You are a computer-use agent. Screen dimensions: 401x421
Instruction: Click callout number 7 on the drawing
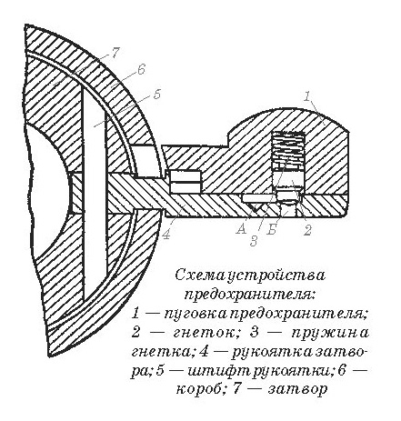(115, 54)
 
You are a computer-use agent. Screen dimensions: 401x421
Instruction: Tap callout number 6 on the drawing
(141, 69)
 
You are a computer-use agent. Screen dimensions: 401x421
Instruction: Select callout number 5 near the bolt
(156, 94)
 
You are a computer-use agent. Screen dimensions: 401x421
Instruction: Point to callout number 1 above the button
(307, 96)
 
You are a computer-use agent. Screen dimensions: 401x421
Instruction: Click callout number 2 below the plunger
(307, 230)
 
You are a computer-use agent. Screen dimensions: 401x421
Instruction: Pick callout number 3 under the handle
(254, 241)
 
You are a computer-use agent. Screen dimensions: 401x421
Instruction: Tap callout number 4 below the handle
(165, 234)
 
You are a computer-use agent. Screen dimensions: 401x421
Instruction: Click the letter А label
(242, 229)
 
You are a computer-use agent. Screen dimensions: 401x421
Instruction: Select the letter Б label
(272, 230)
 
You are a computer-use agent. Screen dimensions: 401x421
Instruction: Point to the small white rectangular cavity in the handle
(185, 182)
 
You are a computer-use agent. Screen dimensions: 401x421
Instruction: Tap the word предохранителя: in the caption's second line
(250, 294)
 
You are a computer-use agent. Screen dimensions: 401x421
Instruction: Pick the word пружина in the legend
(330, 333)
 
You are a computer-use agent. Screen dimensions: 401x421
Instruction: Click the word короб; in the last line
(201, 389)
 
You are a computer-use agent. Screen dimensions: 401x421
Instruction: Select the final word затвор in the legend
(297, 389)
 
